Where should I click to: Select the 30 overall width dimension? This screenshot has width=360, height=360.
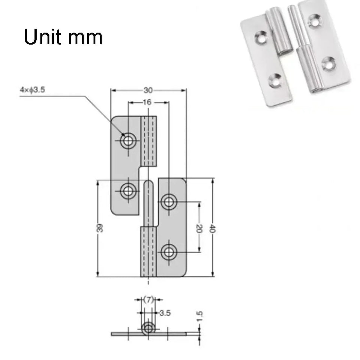click(148, 90)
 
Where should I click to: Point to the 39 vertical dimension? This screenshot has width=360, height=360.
click(100, 228)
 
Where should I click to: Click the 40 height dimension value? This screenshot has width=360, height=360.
click(212, 228)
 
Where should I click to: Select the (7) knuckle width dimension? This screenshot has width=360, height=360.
click(149, 299)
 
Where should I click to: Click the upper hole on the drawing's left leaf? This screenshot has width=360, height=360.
click(128, 141)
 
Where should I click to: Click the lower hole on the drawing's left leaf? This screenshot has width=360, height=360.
click(128, 191)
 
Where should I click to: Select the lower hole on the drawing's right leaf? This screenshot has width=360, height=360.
click(169, 251)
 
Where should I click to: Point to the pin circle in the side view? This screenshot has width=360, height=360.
click(149, 328)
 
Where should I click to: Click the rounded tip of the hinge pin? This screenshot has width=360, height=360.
click(149, 184)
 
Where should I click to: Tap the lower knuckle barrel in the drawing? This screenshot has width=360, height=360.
click(149, 251)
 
